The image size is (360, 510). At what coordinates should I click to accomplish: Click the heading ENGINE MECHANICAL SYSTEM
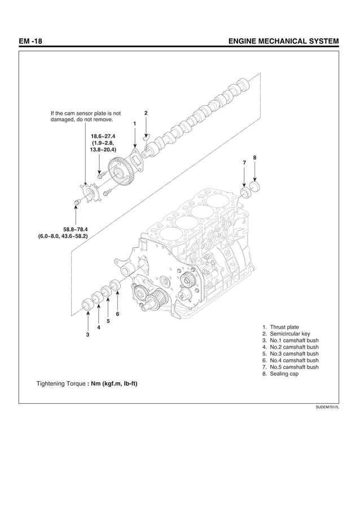282,41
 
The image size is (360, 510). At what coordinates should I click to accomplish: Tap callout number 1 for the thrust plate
134,123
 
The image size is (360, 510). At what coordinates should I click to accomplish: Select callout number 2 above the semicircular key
146,113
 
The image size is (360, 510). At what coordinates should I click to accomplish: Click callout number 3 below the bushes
87,335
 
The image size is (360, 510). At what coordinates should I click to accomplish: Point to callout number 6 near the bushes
117,313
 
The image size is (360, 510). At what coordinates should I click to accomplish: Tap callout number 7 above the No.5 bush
244,163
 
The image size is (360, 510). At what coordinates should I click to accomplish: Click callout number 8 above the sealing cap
255,157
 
